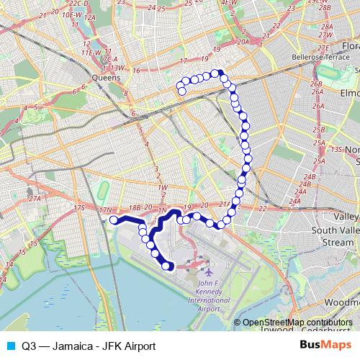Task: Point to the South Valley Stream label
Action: click(x=336, y=236)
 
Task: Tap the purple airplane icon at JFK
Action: click(x=208, y=274)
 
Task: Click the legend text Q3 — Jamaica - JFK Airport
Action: click(x=89, y=346)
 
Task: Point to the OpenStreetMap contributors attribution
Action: click(x=297, y=323)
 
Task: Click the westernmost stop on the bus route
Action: click(x=113, y=220)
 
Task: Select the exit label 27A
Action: click(x=34, y=199)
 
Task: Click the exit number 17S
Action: click(x=79, y=208)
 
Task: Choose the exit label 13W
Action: click(x=118, y=68)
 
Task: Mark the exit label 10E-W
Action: click(x=71, y=14)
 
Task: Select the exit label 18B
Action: click(x=135, y=208)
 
